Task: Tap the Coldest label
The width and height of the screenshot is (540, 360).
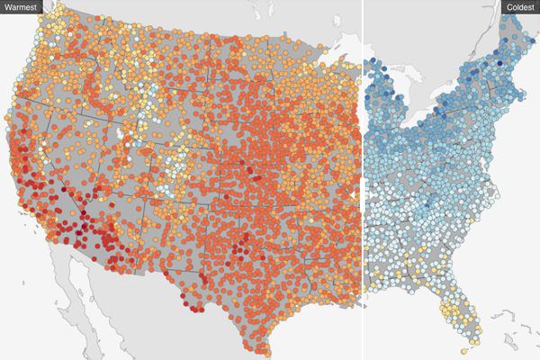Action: coord(519,7)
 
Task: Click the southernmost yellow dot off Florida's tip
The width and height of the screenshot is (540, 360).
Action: coord(463,351)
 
